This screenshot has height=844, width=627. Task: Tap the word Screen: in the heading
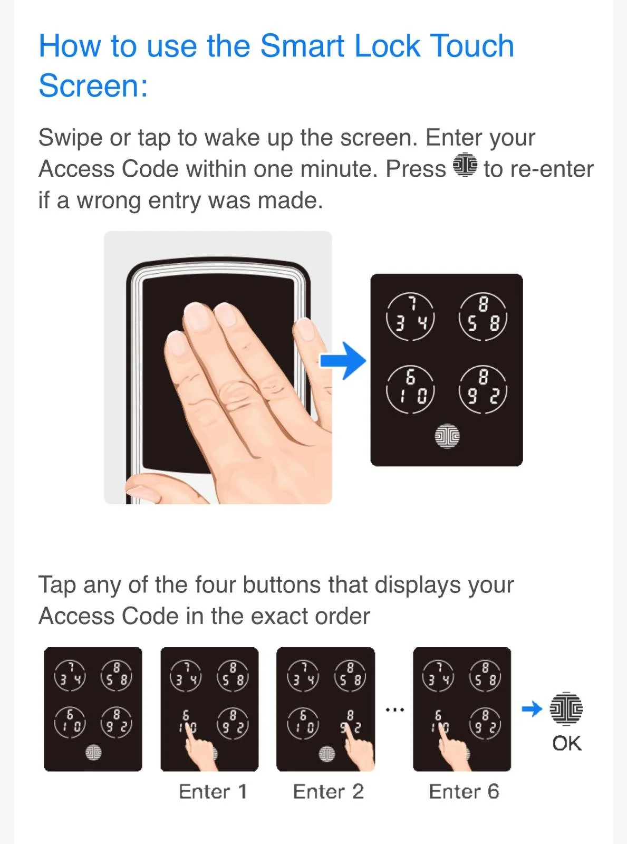(x=93, y=85)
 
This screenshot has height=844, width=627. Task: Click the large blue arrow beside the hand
(x=342, y=360)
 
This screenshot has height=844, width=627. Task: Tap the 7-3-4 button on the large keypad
(x=410, y=316)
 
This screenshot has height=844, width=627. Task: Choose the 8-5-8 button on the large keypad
(x=483, y=316)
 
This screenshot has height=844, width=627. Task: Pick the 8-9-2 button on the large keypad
(x=483, y=390)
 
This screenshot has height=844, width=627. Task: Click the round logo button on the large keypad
(x=447, y=436)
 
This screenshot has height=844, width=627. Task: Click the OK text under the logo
(x=567, y=743)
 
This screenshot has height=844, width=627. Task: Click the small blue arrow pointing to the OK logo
(x=532, y=708)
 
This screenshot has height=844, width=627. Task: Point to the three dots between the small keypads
(x=394, y=710)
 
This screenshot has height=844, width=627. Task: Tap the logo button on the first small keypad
(x=93, y=752)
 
